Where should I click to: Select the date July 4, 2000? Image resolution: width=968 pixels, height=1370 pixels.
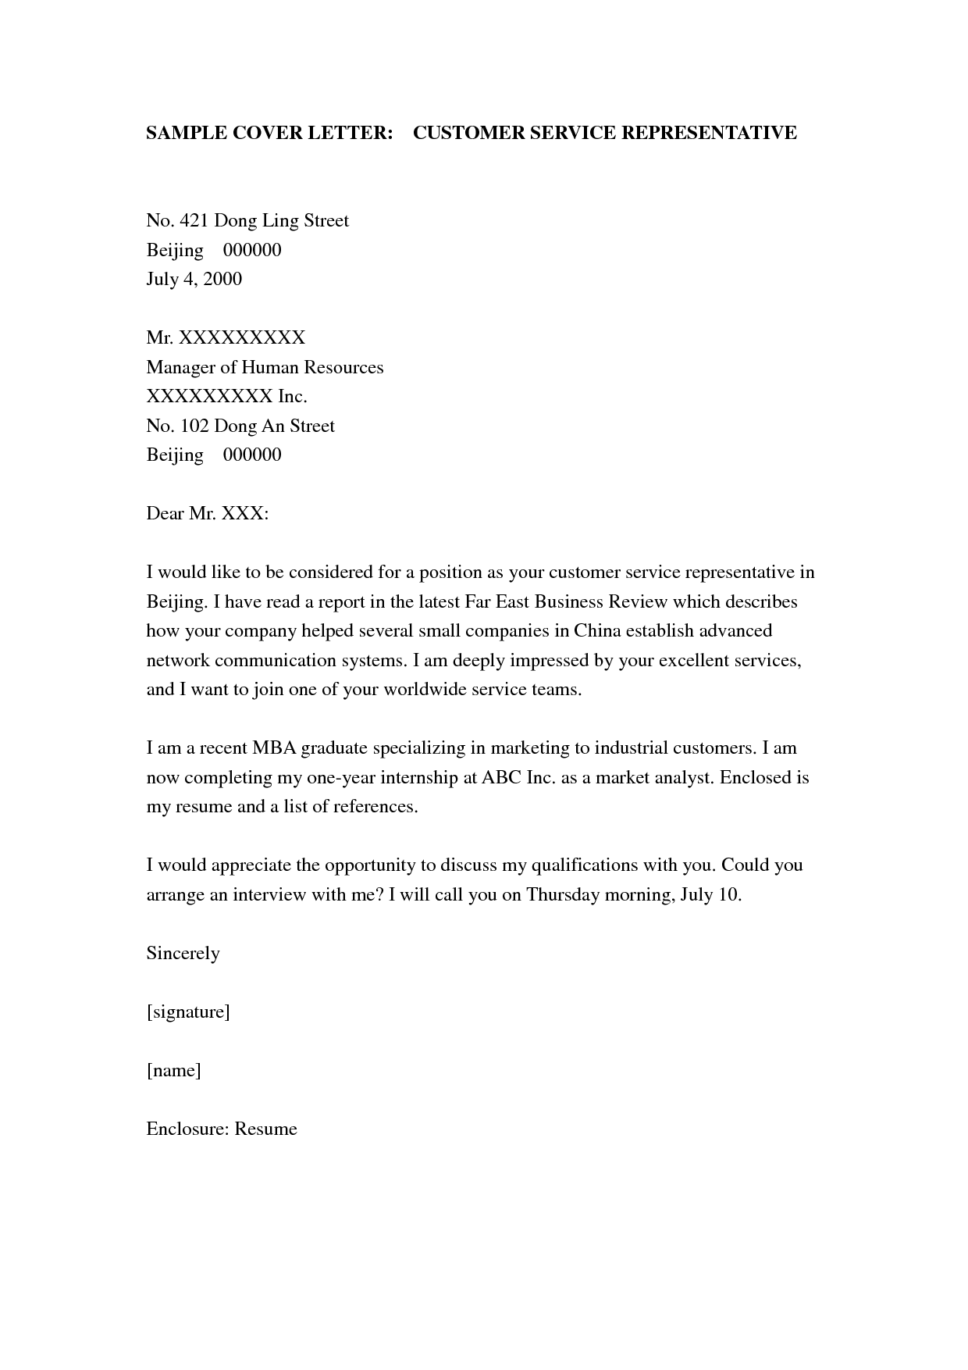[x=194, y=280]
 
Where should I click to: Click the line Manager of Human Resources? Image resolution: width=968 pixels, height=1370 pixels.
[x=265, y=367]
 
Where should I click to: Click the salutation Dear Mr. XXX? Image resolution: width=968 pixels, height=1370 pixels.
[x=207, y=514]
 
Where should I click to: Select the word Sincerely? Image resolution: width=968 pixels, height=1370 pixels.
[x=183, y=954]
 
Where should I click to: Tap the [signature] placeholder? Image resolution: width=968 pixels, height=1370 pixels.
[x=187, y=1012]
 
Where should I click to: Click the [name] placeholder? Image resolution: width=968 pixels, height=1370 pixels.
[x=173, y=1071]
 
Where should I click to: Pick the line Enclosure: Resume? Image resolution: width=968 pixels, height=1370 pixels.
[x=221, y=1129]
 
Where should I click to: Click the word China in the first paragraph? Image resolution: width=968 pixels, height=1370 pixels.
[x=596, y=631]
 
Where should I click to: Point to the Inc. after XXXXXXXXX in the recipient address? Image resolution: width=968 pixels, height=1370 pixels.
[x=293, y=397]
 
